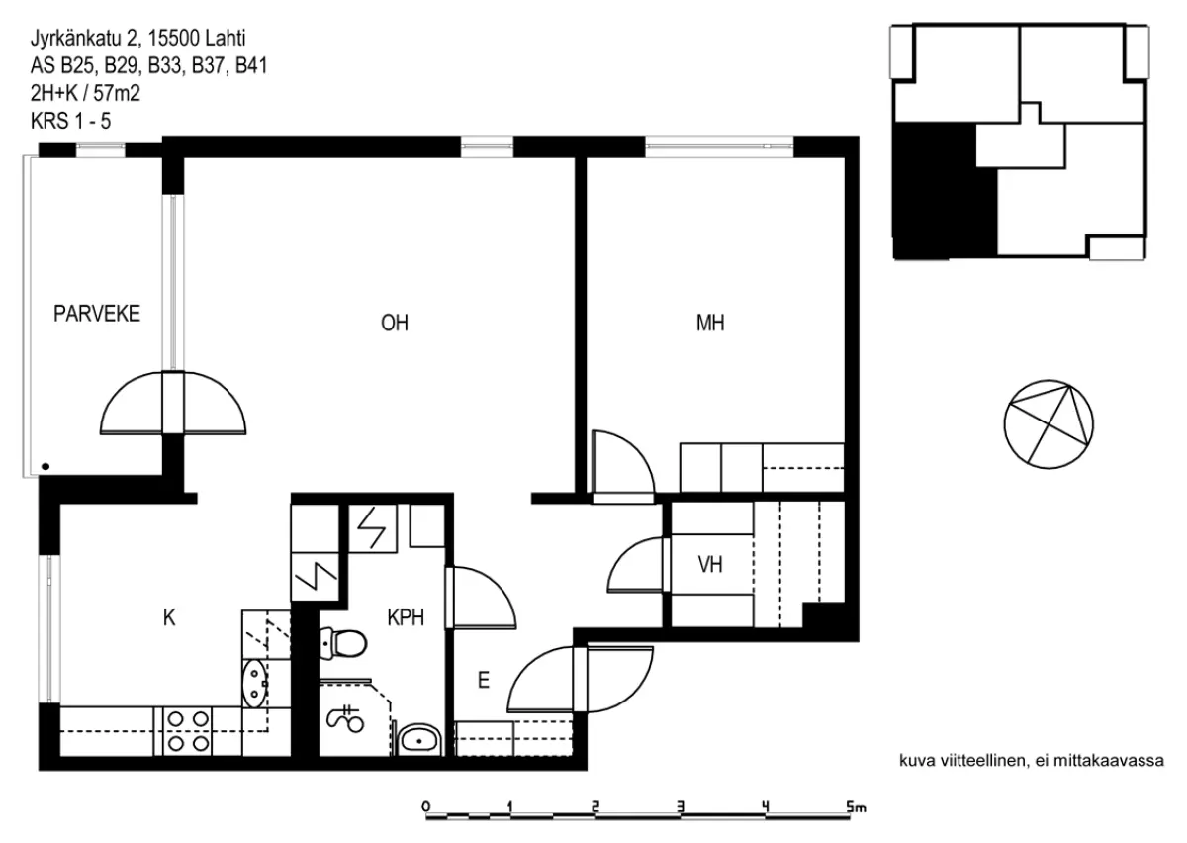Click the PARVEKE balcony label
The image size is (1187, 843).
click(97, 314)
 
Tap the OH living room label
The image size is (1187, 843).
click(395, 323)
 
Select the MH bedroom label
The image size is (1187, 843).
click(710, 323)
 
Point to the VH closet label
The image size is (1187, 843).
click(710, 565)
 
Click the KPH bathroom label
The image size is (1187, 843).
click(406, 617)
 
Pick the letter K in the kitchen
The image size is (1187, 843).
click(169, 617)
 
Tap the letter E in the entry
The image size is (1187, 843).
click(484, 680)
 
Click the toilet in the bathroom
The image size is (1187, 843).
click(343, 643)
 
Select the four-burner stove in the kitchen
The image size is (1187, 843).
click(188, 731)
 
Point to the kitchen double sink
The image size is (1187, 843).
click(255, 684)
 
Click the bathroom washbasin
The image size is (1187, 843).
click(419, 740)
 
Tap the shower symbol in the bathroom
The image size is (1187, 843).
click(345, 719)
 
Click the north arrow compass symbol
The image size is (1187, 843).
click(1049, 424)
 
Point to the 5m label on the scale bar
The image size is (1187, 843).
click(857, 807)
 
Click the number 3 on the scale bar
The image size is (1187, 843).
click(681, 807)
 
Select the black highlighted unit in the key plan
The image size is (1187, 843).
click(945, 191)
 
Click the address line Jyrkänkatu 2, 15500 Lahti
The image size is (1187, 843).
click(137, 39)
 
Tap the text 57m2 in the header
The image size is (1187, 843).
click(117, 93)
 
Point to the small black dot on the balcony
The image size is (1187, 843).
click(46, 467)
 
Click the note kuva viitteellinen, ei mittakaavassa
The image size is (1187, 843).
click(1032, 761)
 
